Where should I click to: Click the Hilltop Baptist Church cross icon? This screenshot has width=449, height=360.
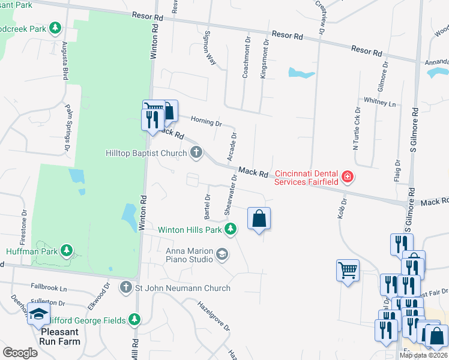(196, 154)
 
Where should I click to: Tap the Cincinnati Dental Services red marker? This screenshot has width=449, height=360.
(347, 176)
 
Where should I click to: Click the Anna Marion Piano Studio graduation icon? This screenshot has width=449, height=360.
(222, 254)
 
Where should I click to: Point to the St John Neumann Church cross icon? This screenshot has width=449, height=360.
(126, 288)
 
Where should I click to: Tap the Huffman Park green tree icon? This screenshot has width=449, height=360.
(68, 250)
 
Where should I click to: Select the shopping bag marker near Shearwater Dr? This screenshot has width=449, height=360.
(259, 218)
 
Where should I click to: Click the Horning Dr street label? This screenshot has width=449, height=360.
(206, 122)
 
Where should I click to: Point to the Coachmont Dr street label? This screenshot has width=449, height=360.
(246, 56)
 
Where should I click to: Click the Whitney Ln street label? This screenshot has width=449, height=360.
(379, 102)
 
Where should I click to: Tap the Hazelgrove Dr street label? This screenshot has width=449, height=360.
(214, 316)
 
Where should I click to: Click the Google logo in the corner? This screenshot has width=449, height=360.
(20, 353)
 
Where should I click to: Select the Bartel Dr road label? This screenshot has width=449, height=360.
(208, 205)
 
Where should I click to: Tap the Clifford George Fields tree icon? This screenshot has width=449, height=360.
(136, 319)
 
